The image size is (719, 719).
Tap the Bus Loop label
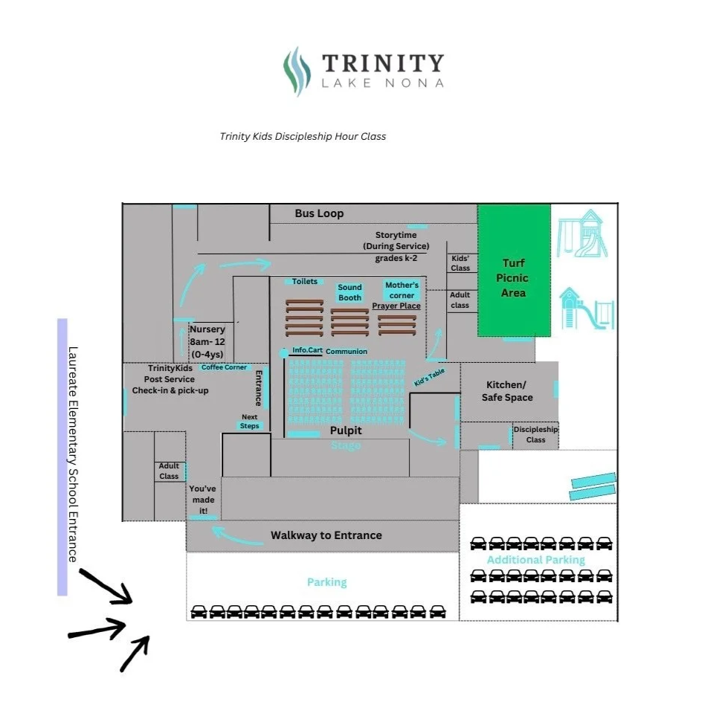coord(319,213)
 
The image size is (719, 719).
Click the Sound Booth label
coord(349,292)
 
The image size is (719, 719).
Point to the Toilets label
coord(305,282)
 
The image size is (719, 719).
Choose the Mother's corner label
coord(402,290)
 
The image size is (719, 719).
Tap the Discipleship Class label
coord(535,434)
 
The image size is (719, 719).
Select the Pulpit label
coord(346,431)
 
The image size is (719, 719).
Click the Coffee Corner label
coord(224,367)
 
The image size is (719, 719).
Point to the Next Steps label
coord(250,422)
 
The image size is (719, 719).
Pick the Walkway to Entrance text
coord(326,535)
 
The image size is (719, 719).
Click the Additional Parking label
coord(535,560)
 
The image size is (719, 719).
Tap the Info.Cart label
coord(307,349)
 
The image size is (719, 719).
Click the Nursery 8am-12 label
coord(207,341)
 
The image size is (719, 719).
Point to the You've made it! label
coord(202,500)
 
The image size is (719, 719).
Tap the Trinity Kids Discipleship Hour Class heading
coord(303,136)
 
